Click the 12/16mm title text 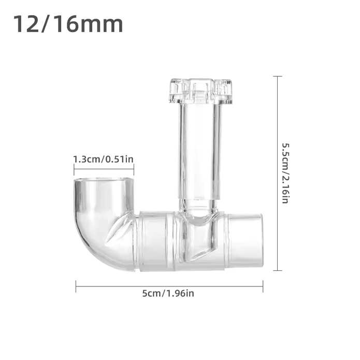68,24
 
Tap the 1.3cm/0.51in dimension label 103,159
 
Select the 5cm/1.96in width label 168,293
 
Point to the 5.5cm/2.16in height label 285,174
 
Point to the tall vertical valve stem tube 199,152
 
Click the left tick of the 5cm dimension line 76,286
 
